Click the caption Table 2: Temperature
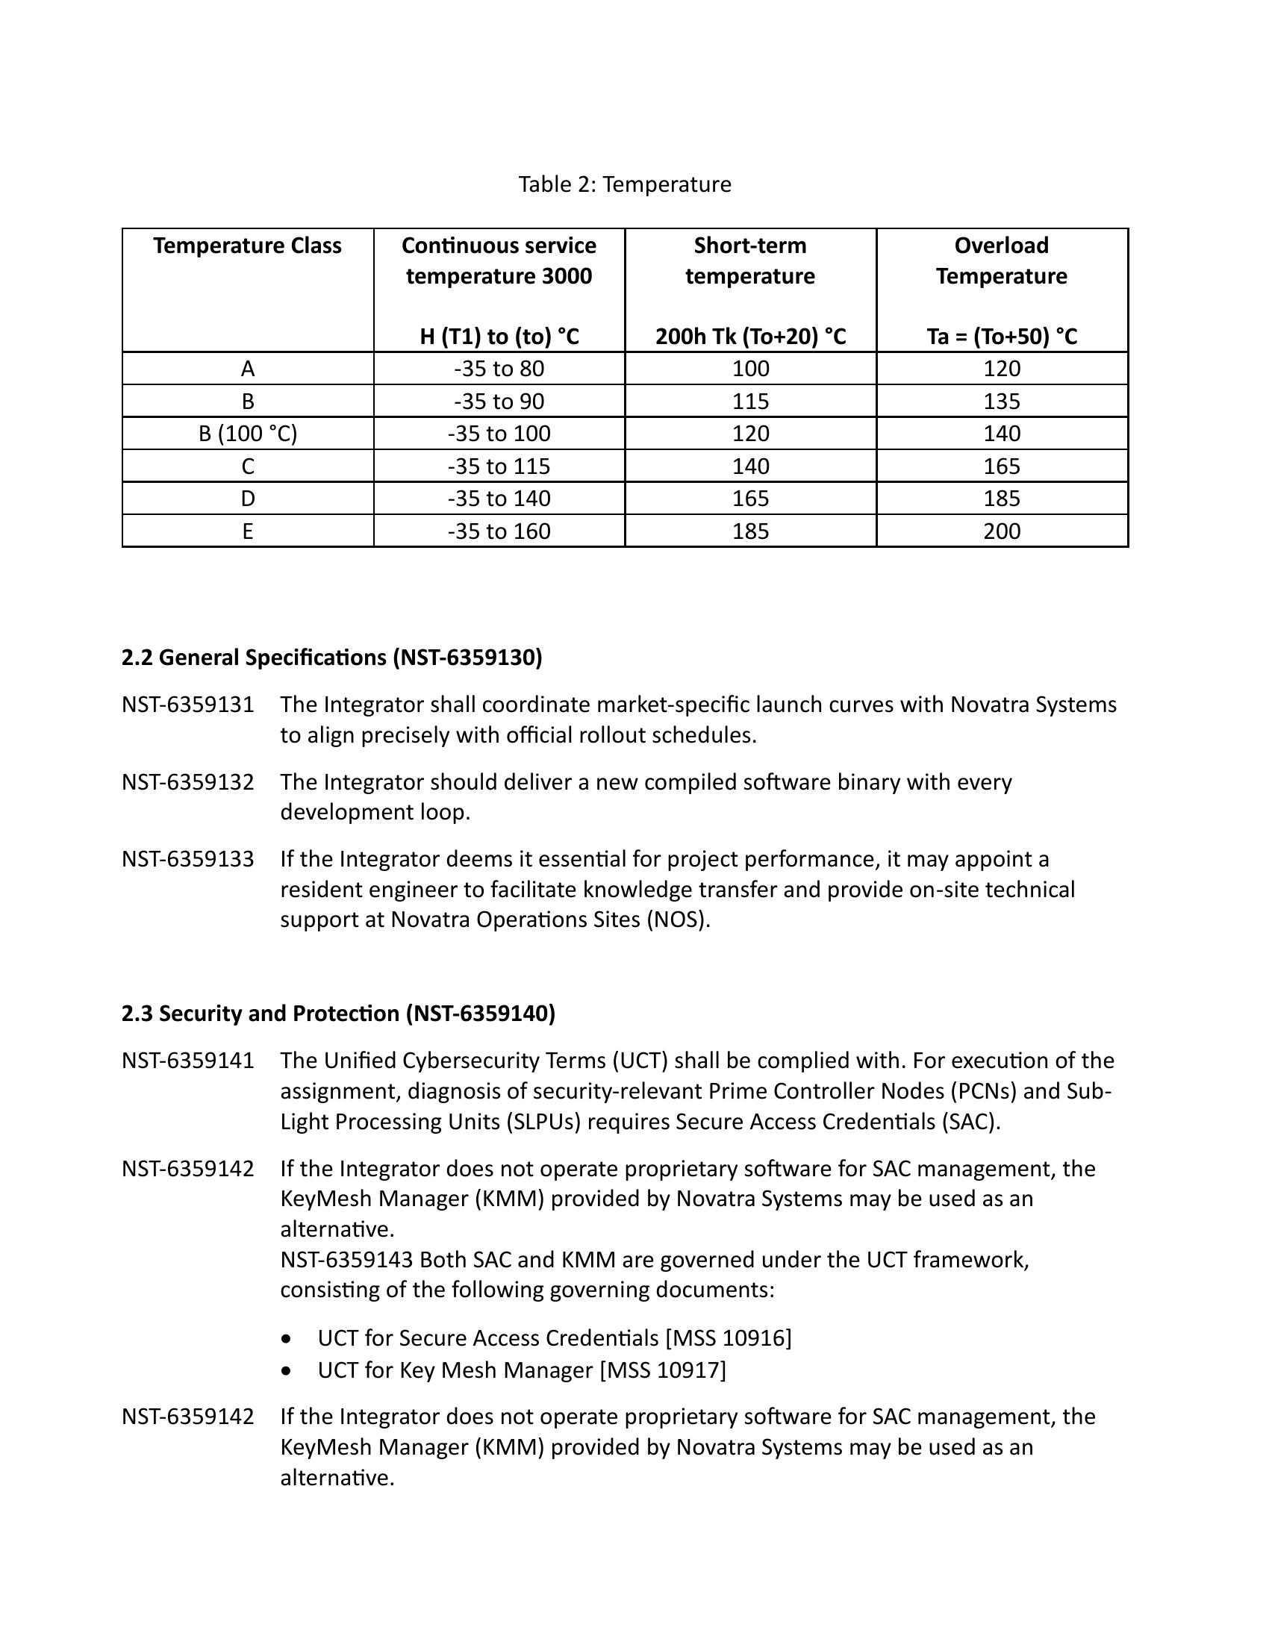[x=624, y=184]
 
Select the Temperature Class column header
[x=247, y=246]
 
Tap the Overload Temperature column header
[x=1001, y=260]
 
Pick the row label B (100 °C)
[x=247, y=434]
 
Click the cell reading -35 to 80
[x=499, y=369]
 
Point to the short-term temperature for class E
[x=750, y=531]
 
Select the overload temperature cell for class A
[x=1001, y=369]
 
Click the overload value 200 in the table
[x=1001, y=531]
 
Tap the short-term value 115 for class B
[x=750, y=402]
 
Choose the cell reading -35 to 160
[x=499, y=531]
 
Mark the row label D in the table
[x=247, y=499]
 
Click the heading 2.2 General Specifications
[x=331, y=658]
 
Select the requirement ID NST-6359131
[x=188, y=705]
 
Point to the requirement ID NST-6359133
[x=188, y=859]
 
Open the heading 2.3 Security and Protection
[x=338, y=1014]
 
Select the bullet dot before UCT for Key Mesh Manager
[x=287, y=1370]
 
